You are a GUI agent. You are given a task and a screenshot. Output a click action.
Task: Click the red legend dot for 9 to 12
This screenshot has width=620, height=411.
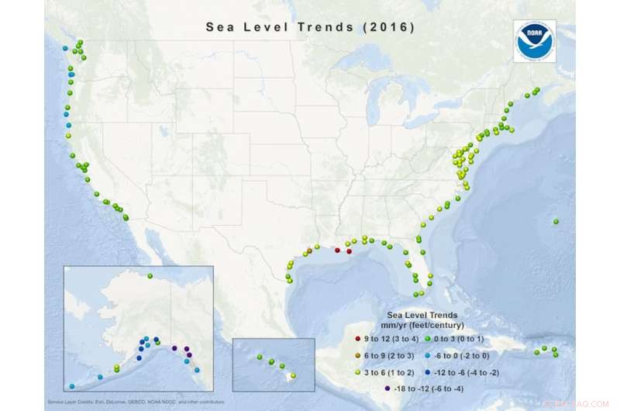click(357, 340)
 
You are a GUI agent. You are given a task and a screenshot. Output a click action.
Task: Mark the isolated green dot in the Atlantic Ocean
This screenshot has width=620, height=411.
click(556, 223)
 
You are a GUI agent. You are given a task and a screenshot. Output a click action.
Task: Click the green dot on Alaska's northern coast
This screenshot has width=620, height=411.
click(150, 277)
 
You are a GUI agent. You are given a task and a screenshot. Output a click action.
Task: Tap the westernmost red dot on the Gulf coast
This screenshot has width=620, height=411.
click(337, 250)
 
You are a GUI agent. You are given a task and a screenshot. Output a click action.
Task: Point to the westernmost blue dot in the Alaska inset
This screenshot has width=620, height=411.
click(72, 386)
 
